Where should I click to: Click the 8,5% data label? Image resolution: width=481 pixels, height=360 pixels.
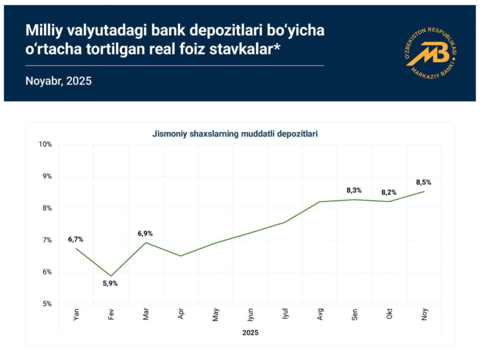pyautogui.click(x=423, y=182)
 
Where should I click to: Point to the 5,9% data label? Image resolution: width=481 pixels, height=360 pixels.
pyautogui.click(x=110, y=283)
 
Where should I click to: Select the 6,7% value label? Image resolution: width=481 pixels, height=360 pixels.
pyautogui.click(x=76, y=239)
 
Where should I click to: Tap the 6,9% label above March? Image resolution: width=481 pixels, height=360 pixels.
pyautogui.click(x=145, y=233)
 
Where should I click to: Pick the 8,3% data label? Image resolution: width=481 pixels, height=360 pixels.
pyautogui.click(x=354, y=190)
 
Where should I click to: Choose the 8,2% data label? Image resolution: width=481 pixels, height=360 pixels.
pyautogui.click(x=388, y=192)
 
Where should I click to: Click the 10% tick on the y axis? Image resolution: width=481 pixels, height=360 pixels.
pyautogui.click(x=46, y=144)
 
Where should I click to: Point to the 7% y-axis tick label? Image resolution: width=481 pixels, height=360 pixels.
pyautogui.click(x=47, y=240)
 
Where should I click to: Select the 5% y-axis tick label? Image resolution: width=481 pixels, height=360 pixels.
pyautogui.click(x=47, y=304)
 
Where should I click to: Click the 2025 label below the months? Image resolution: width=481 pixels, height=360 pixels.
pyautogui.click(x=250, y=332)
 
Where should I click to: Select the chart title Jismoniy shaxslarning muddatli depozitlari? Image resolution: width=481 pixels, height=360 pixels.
pyautogui.click(x=235, y=134)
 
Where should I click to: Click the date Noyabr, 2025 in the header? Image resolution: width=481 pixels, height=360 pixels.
pyautogui.click(x=58, y=81)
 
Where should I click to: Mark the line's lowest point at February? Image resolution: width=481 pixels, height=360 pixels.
pyautogui.click(x=111, y=276)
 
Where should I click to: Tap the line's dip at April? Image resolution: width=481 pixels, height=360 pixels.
pyautogui.click(x=180, y=256)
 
